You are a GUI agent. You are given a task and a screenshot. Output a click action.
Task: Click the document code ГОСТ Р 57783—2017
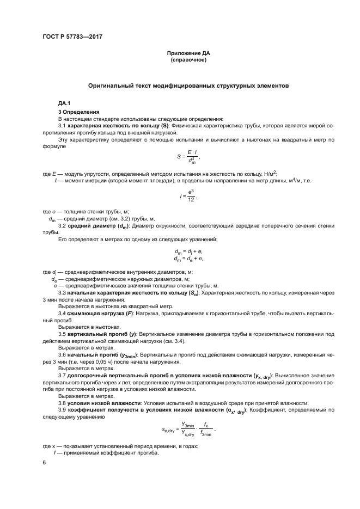click(x=72, y=36)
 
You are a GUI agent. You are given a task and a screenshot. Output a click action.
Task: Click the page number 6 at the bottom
click(x=44, y=462)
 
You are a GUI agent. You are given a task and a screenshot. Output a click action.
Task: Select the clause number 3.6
click(x=62, y=354)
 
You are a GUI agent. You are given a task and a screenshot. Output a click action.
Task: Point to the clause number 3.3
click(x=62, y=293)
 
